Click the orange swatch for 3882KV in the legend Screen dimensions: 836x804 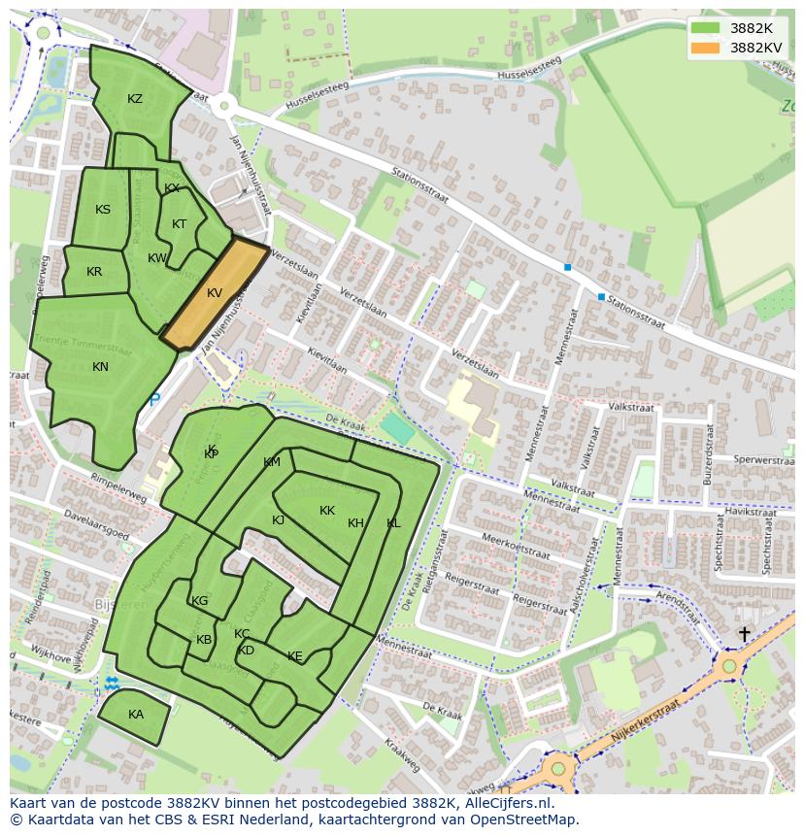(x=706, y=48)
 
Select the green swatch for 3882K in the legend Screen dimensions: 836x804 (x=706, y=28)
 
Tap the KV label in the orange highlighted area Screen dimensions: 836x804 (x=215, y=293)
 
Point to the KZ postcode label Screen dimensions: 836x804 (x=135, y=99)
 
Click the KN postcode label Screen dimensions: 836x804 (x=100, y=367)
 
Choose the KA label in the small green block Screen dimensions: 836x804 (x=136, y=715)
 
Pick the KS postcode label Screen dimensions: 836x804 (x=103, y=210)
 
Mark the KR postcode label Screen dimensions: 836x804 (x=94, y=272)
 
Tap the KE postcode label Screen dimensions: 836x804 (x=295, y=657)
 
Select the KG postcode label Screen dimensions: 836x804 (x=200, y=601)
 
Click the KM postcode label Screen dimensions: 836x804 (x=272, y=462)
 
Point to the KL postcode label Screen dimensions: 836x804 (x=393, y=523)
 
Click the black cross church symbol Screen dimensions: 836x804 (x=744, y=634)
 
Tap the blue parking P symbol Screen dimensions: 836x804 (x=153, y=399)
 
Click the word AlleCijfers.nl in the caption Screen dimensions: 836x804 (x=504, y=803)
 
